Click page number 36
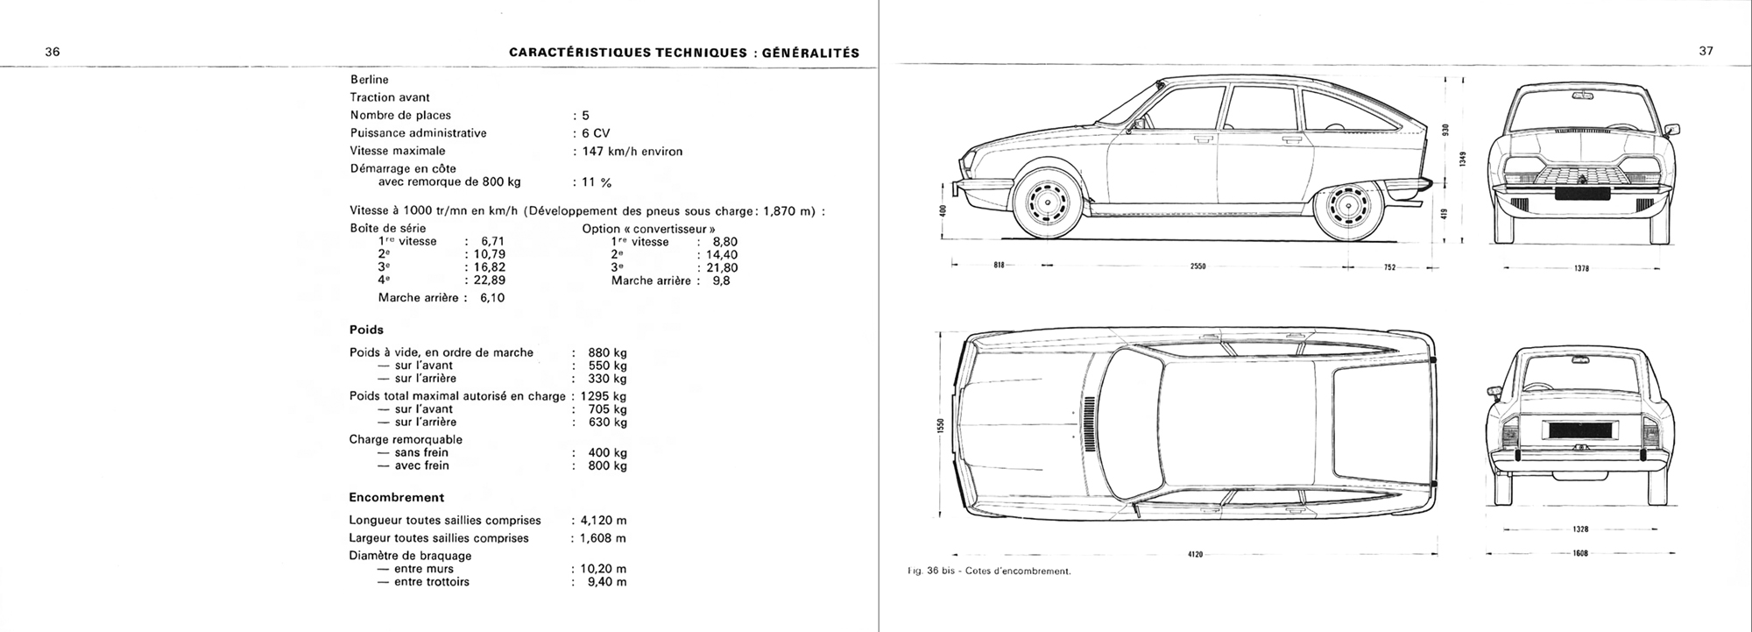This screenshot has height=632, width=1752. (52, 52)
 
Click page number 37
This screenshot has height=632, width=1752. (1706, 51)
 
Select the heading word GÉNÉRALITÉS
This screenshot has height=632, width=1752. (811, 53)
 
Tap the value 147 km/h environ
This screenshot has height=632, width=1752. (632, 151)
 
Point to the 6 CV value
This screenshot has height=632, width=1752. (596, 133)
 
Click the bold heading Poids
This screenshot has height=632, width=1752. (366, 330)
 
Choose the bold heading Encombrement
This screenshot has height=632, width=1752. (396, 497)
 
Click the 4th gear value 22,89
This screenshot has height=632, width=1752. (489, 280)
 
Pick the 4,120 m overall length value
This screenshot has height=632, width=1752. (603, 520)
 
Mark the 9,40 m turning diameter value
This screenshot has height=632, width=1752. (607, 582)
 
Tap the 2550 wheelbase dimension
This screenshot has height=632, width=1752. (1198, 266)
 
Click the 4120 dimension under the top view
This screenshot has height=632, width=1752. (1197, 554)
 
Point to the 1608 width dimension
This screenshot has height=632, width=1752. (1580, 553)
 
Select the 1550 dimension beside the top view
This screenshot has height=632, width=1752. (940, 427)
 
